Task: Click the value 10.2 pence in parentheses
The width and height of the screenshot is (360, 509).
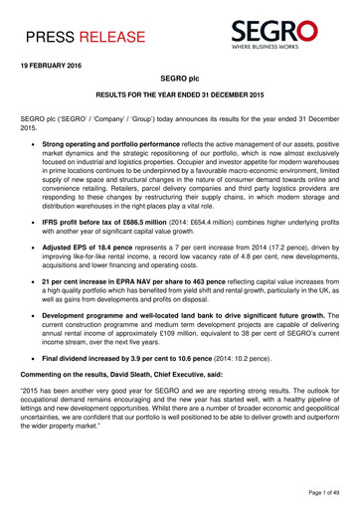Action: (258, 413)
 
